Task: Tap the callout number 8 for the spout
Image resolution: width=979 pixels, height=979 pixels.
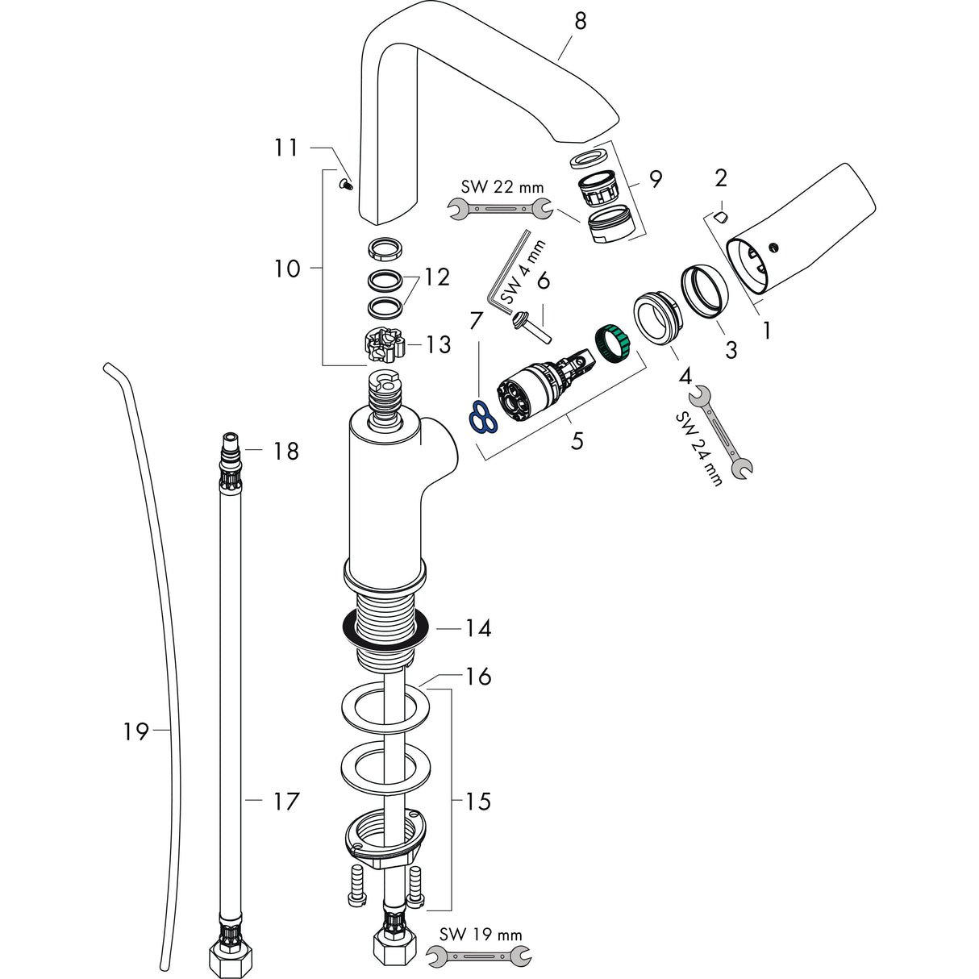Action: (x=580, y=22)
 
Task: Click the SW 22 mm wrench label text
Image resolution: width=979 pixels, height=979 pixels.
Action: (x=502, y=187)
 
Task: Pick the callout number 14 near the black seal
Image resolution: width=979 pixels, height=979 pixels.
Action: (x=477, y=627)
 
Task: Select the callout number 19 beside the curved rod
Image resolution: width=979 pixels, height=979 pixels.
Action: (x=135, y=731)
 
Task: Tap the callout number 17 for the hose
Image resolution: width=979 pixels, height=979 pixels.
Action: (x=285, y=801)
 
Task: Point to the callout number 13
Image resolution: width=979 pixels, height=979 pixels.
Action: (x=439, y=345)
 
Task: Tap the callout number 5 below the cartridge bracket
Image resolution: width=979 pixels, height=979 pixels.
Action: (x=577, y=441)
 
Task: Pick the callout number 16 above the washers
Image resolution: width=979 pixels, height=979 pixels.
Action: (x=477, y=676)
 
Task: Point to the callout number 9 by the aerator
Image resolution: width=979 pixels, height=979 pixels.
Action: (x=655, y=179)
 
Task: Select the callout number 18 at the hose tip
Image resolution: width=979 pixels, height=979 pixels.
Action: (x=285, y=451)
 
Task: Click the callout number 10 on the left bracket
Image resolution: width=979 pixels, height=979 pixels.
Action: (x=287, y=269)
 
